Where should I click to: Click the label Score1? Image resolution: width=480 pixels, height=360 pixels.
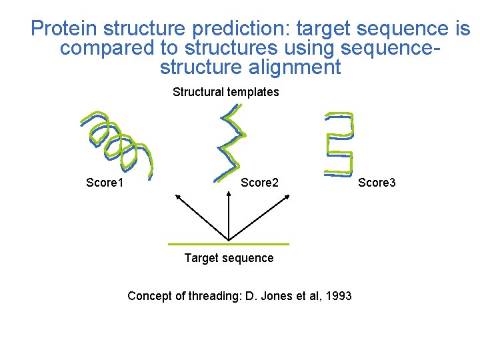[x=109, y=183]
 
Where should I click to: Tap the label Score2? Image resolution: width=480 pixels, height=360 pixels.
[x=259, y=183]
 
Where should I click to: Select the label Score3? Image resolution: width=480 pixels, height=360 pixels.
[x=377, y=183]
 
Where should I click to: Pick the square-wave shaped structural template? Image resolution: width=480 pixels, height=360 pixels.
[x=339, y=143]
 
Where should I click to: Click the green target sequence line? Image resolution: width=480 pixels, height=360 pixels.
[x=229, y=243]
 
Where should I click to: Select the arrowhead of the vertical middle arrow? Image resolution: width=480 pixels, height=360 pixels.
[x=229, y=194]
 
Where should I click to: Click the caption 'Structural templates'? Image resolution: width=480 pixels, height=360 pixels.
[x=225, y=92]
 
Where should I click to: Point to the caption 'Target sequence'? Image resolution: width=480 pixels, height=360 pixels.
[x=229, y=258]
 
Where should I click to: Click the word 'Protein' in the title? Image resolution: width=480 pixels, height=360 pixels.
[x=64, y=29]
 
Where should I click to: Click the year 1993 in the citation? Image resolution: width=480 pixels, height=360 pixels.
[x=338, y=295]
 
